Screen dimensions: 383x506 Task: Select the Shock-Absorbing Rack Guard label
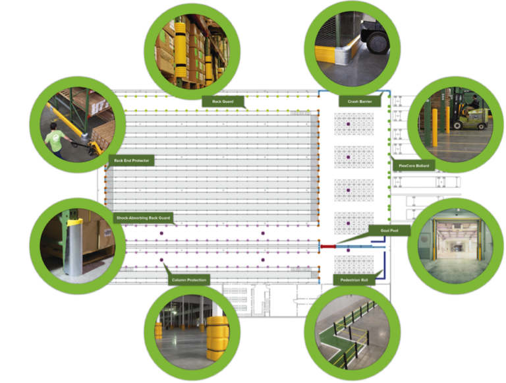click(143, 217)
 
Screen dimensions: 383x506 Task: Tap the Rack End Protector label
click(132, 160)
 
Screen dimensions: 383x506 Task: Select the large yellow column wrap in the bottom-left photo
click(216, 337)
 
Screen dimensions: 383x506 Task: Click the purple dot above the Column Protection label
click(161, 261)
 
